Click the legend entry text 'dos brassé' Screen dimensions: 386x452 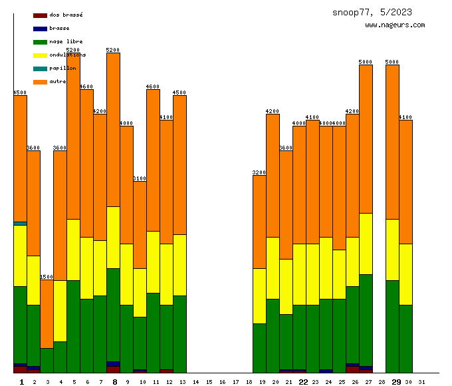[x=66, y=15]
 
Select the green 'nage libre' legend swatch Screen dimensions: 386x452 [x=40, y=42]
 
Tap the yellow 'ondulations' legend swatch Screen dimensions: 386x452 [x=40, y=55]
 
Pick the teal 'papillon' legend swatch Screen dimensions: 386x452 [x=40, y=69]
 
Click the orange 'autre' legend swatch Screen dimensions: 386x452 [x=40, y=82]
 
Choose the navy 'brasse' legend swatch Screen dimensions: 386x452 [x=40, y=29]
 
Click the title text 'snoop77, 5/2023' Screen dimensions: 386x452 [x=372, y=12]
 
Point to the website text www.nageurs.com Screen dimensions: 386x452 [x=395, y=25]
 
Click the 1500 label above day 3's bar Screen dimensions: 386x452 [x=47, y=277]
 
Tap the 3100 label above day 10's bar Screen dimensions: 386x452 [x=140, y=178]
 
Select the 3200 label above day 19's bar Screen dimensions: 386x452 [x=259, y=172]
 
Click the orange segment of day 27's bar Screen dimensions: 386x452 [x=366, y=138]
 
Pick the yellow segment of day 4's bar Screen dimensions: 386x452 [x=60, y=311]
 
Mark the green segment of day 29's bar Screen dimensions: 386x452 [x=392, y=326]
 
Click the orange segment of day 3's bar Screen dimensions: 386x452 [x=47, y=313]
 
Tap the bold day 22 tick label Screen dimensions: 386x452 [x=303, y=382]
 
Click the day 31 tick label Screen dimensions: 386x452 [x=422, y=382]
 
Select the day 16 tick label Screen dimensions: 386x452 [x=223, y=382]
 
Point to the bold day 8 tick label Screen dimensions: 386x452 [x=114, y=382]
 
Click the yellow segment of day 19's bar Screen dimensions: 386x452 [x=259, y=296]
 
